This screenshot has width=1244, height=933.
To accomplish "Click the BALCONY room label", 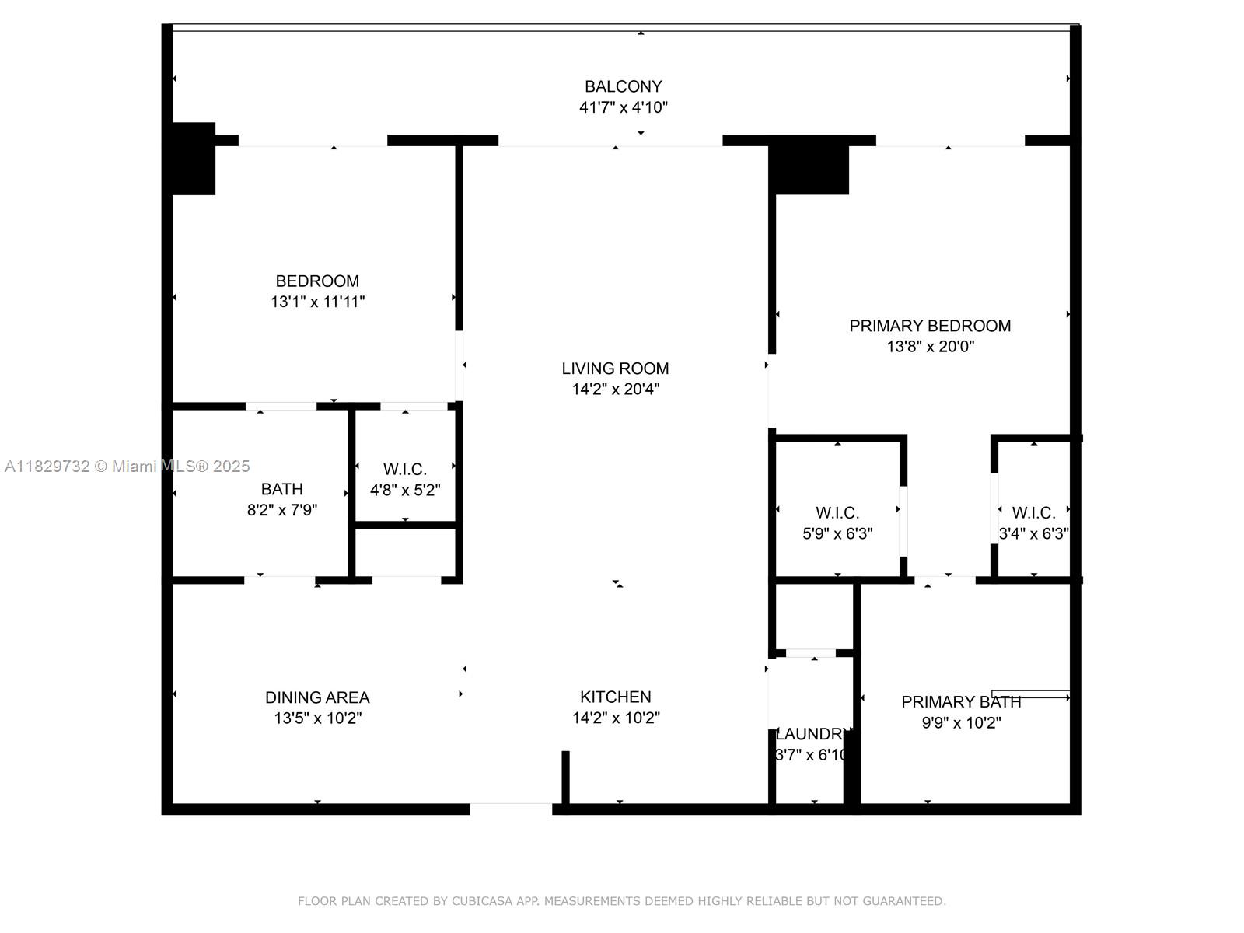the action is tap(623, 86).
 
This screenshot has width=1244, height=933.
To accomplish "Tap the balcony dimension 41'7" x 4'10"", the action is tap(623, 107).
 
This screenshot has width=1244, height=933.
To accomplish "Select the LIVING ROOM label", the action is tap(615, 369).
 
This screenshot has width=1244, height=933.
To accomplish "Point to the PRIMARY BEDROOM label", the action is tap(929, 326).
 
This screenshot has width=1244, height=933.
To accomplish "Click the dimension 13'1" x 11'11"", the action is tap(317, 302).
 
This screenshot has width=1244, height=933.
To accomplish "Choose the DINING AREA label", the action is tap(317, 697).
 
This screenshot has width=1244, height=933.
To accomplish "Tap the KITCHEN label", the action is tap(616, 697).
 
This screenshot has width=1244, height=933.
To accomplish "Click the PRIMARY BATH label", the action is tap(961, 702).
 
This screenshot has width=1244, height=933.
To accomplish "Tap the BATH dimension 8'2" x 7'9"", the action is tap(282, 510).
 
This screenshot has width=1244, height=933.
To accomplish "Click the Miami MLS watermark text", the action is tap(127, 466).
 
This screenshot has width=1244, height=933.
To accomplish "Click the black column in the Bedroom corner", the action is tap(194, 159).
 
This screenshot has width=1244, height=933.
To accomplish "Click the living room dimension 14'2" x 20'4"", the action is tap(616, 390).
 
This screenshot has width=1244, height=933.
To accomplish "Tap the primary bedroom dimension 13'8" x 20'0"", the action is tap(930, 346).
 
